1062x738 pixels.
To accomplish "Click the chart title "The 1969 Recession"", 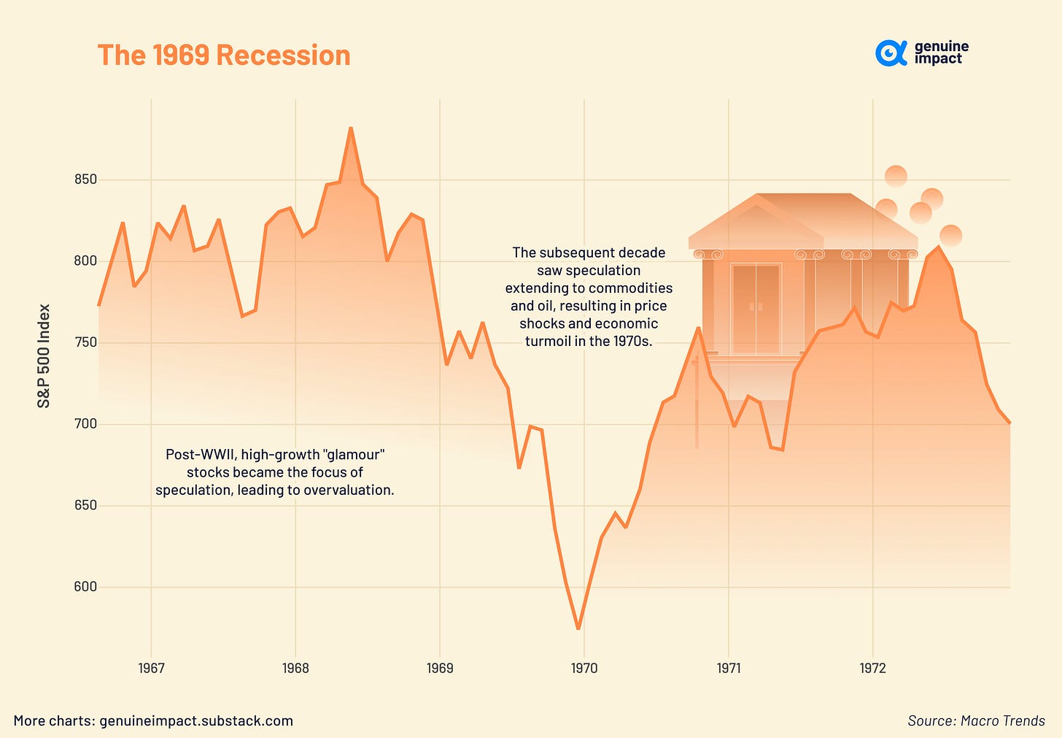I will [224, 55].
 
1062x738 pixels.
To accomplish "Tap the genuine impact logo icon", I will [890, 53].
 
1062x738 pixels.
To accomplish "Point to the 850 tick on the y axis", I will [85, 180].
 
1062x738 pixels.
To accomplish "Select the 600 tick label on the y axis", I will [85, 587].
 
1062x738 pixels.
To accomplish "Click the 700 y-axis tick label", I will [85, 424].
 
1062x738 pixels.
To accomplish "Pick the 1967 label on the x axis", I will [151, 668].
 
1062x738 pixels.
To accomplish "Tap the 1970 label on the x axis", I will [584, 668].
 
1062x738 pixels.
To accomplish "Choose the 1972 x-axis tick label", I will [872, 668].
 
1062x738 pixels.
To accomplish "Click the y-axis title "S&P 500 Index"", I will [44, 355].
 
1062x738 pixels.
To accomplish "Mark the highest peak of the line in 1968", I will [351, 128].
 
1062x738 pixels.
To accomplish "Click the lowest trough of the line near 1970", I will [578, 629].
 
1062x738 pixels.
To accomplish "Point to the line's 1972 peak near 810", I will [938, 247].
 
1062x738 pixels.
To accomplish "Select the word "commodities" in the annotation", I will [633, 288].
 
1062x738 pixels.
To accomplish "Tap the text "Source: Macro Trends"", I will [976, 720].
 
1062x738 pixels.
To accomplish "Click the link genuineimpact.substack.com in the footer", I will [196, 720].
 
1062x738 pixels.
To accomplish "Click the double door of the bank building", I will [756, 309].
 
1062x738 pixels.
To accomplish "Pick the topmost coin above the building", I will [896, 176].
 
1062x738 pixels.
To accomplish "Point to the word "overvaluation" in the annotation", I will [349, 490].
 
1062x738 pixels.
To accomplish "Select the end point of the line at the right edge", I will [1009, 423].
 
